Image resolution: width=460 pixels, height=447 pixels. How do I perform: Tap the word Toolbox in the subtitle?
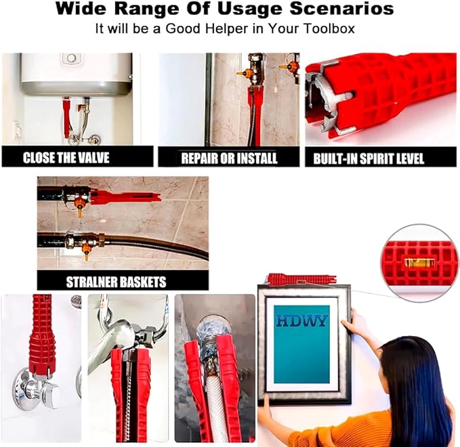click(x=329, y=28)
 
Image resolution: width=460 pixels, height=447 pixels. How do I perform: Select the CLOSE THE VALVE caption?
click(x=66, y=158)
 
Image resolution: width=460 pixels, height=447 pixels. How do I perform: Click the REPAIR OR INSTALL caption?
click(x=229, y=158)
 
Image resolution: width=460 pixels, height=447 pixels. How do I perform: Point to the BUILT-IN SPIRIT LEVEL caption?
click(x=369, y=158)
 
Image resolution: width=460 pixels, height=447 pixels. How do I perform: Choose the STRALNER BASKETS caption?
click(x=116, y=282)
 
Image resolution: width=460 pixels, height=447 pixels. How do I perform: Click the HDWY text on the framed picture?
click(x=301, y=321)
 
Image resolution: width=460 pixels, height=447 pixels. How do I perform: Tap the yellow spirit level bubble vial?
click(x=417, y=263)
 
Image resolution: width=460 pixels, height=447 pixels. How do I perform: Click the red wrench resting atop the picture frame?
click(x=302, y=279)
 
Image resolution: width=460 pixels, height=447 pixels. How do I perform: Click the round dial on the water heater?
click(x=71, y=58)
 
